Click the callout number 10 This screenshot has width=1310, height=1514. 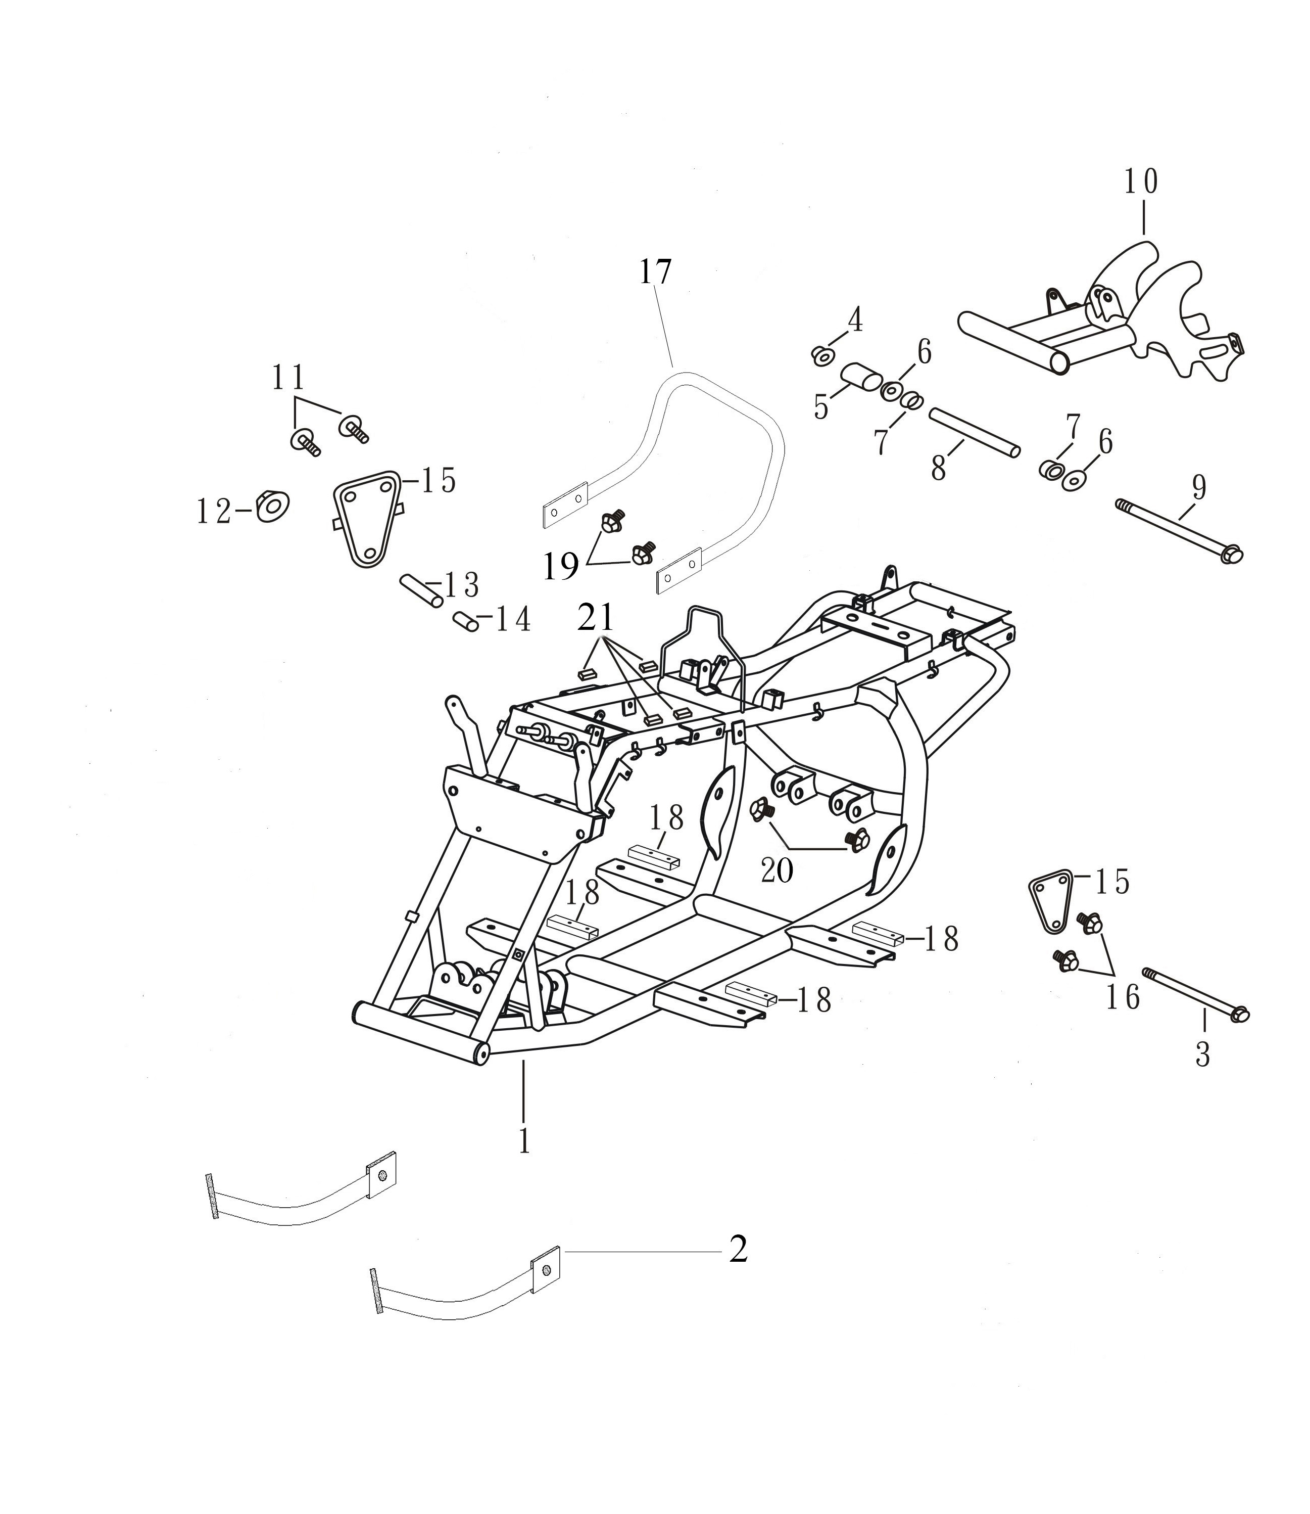coord(1141,181)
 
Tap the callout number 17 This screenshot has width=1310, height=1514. coord(655,273)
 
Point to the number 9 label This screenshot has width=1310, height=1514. coord(1199,488)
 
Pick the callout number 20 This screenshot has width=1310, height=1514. coord(777,870)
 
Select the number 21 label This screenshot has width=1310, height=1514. coord(596,618)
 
